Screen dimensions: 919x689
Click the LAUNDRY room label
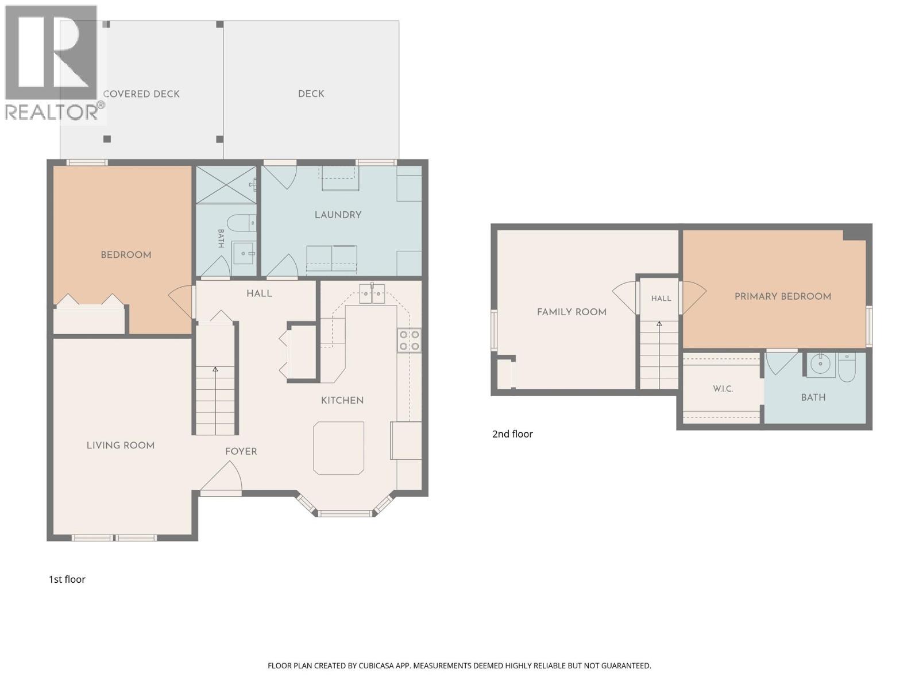(x=338, y=215)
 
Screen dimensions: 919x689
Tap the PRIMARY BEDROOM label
(x=782, y=297)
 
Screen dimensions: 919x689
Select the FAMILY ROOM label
(x=572, y=312)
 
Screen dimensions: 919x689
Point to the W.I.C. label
(x=723, y=389)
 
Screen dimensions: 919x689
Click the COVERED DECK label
(x=141, y=94)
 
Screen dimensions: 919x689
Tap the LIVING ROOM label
(x=121, y=446)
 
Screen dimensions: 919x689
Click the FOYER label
(x=241, y=451)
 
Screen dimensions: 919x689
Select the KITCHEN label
(x=342, y=400)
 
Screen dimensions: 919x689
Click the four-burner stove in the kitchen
(x=409, y=340)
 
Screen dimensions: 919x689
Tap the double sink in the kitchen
(x=372, y=293)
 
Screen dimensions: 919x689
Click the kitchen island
(x=339, y=448)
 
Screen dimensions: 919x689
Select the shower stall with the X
(x=226, y=185)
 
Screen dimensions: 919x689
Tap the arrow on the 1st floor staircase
(x=215, y=400)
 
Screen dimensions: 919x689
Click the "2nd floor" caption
(x=512, y=434)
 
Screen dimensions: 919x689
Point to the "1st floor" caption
(x=67, y=579)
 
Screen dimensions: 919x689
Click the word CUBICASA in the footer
(x=376, y=665)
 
